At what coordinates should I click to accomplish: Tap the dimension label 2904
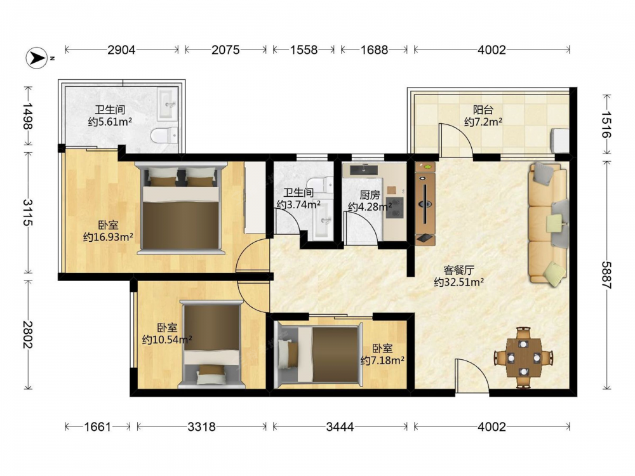pyautogui.click(x=121, y=50)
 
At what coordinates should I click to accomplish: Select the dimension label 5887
pyautogui.click(x=606, y=275)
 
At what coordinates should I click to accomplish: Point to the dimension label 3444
pyautogui.click(x=340, y=426)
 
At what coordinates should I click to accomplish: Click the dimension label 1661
pyautogui.click(x=97, y=426)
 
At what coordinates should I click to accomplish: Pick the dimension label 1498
pyautogui.click(x=27, y=116)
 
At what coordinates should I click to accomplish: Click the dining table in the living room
pyautogui.click(x=524, y=357)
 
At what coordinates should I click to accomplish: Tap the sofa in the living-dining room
pyautogui.click(x=547, y=223)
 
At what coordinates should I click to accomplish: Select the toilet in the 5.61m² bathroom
pyautogui.click(x=164, y=135)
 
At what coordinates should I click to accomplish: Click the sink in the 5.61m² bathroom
pyautogui.click(x=168, y=104)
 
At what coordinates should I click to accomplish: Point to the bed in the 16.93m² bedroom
pyautogui.click(x=180, y=208)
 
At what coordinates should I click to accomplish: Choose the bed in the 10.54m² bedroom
pyautogui.click(x=212, y=345)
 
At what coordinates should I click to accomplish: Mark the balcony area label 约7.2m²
pyautogui.click(x=483, y=121)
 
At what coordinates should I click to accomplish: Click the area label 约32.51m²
pyautogui.click(x=459, y=282)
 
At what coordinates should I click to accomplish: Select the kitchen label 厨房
pyautogui.click(x=370, y=195)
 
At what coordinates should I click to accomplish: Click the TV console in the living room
pyautogui.click(x=425, y=204)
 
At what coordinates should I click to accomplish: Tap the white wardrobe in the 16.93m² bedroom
pyautogui.click(x=255, y=197)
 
